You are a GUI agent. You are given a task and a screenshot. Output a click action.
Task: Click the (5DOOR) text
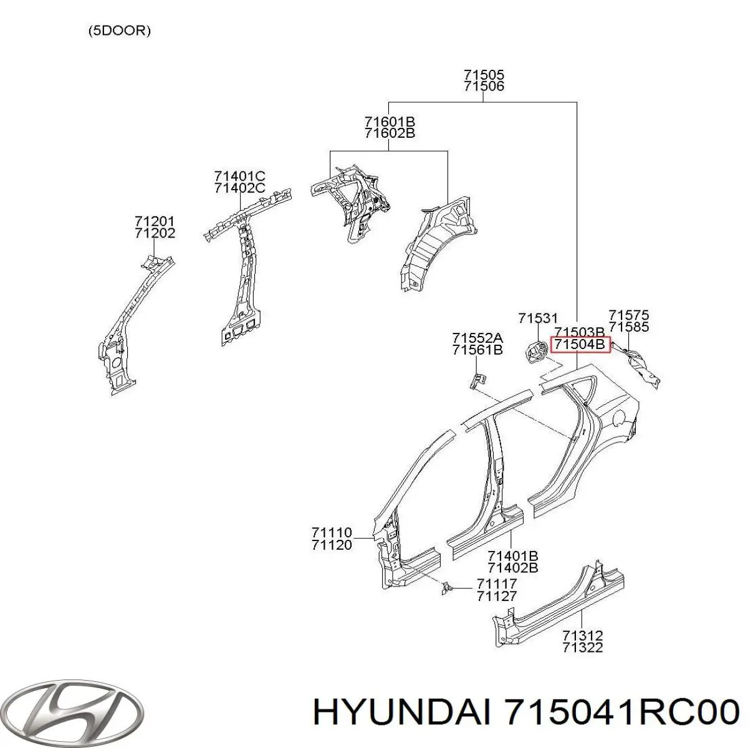point(120,31)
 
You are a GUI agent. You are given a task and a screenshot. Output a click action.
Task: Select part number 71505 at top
point(484,74)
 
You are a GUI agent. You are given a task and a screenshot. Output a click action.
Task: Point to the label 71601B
point(390,122)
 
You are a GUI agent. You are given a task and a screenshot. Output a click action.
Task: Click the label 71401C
point(240,176)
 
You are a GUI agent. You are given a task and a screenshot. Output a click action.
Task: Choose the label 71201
point(155,221)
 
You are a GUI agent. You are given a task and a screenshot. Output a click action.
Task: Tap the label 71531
point(538,319)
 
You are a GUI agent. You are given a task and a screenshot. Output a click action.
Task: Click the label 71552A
point(477,338)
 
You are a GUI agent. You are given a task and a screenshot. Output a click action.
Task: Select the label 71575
point(628,314)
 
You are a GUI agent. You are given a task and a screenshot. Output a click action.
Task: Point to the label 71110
point(332,532)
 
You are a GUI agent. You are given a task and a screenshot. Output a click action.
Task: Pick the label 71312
point(583,635)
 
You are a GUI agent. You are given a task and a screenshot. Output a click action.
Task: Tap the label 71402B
point(512,568)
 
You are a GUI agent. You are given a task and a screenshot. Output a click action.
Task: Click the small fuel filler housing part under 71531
point(536,351)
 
